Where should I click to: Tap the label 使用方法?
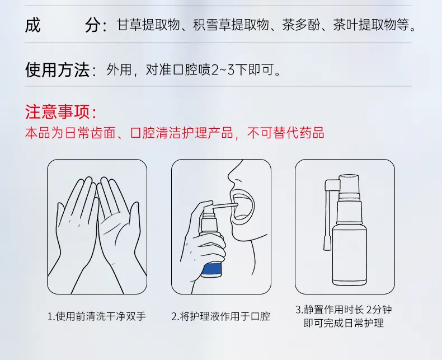click(x=58, y=69)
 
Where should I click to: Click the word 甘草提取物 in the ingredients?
click(x=148, y=25)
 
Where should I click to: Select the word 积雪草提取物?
click(x=231, y=25)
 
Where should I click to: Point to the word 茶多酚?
click(x=302, y=25)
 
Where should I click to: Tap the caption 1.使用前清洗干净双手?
click(x=97, y=316)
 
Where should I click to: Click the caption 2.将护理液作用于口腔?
click(x=220, y=316)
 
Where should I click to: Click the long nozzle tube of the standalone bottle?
click(x=327, y=220)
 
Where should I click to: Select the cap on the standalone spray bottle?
click(x=349, y=184)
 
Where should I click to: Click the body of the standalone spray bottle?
click(x=350, y=253)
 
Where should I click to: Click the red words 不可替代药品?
click(x=285, y=133)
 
